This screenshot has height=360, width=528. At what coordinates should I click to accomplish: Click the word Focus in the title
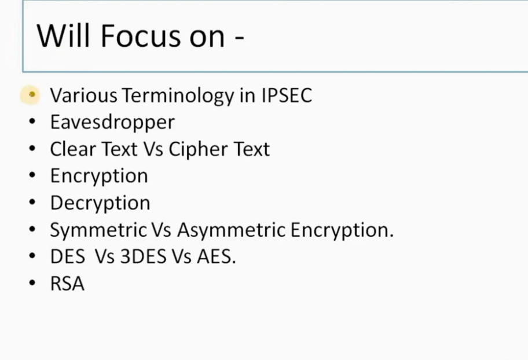141,36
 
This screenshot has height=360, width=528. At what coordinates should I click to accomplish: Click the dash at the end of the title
239,38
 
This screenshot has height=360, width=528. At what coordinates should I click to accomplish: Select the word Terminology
178,95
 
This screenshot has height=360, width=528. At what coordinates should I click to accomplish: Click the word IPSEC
287,95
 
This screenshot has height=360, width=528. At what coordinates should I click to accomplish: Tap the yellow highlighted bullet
30,95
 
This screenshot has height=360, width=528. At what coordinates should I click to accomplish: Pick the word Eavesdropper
112,122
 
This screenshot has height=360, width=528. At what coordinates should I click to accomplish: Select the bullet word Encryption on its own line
99,176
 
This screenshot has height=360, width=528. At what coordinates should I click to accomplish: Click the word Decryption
100,203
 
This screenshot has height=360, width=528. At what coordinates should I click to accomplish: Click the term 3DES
143,256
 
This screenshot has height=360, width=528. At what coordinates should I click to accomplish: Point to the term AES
216,256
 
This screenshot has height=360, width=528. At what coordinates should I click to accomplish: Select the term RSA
67,284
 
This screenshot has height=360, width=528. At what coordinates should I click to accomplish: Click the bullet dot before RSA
32,283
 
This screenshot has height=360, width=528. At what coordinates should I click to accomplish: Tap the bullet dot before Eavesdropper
32,121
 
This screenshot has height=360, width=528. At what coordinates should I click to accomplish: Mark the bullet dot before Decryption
32,202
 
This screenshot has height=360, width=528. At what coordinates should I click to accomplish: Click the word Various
83,95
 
